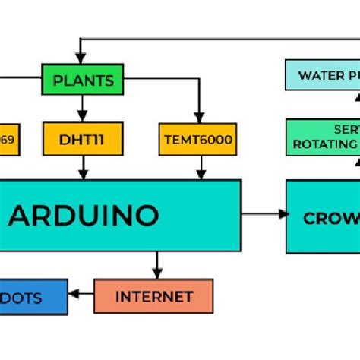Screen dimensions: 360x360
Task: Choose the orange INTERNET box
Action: [153, 296]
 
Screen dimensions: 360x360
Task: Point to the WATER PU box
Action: [322, 75]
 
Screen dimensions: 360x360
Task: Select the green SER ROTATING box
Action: [322, 137]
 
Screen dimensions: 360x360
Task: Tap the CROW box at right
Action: [324, 217]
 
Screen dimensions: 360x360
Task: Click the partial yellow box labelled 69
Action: [8, 139]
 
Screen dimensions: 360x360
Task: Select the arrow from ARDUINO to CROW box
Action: [264, 214]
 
